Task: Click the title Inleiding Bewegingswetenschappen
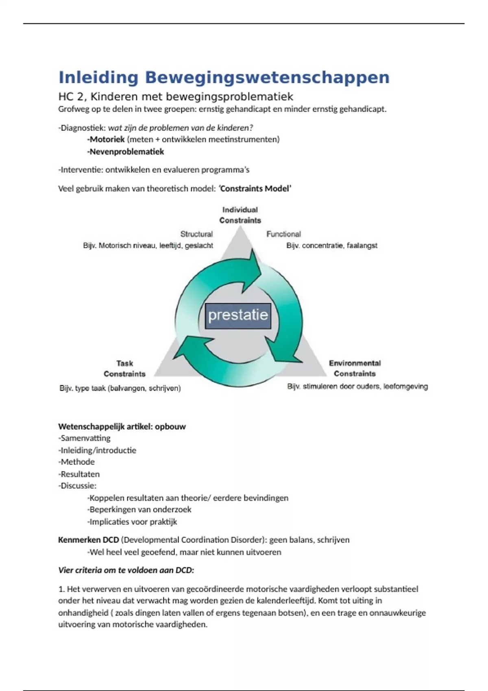[224, 77]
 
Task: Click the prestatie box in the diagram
[238, 315]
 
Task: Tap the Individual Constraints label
[240, 215]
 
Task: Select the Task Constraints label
[124, 369]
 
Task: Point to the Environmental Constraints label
[355, 368]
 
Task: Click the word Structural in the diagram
[196, 234]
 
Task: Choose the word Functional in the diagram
[283, 234]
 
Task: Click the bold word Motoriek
[107, 139]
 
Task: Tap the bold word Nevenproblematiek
[126, 152]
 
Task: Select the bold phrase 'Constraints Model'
[255, 189]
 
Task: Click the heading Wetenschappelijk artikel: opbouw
[122, 426]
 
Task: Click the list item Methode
[77, 462]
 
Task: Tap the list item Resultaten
[80, 474]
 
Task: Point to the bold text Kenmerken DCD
[89, 540]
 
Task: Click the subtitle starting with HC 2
[176, 96]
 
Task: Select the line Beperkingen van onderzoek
[140, 509]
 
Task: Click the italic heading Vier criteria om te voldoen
[126, 570]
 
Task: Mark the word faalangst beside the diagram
[362, 246]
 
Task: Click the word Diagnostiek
[83, 128]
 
